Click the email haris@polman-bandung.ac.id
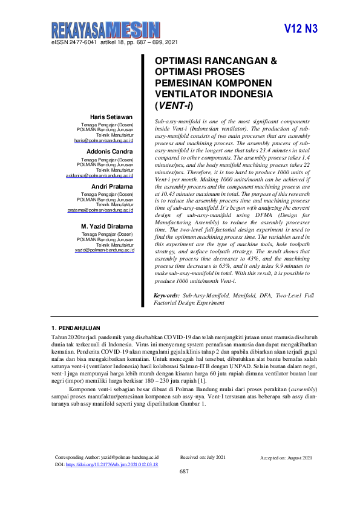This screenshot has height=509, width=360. [103, 140]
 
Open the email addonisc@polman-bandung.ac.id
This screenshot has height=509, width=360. [99, 175]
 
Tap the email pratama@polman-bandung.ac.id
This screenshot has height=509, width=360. [100, 210]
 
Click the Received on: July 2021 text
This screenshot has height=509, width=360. [203, 458]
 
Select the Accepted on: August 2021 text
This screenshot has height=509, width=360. [286, 458]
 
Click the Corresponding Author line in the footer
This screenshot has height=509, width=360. [106, 458]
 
